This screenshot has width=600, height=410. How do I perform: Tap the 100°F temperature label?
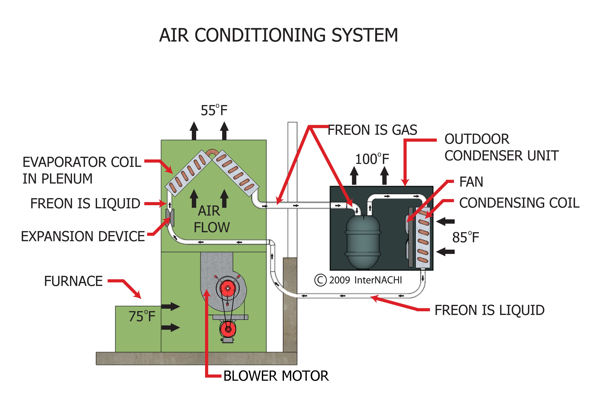pos(372,159)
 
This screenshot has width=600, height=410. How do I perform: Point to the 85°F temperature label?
pos(465,237)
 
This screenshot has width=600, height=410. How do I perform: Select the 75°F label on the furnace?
pos(142,316)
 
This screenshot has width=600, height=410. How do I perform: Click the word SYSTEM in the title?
pos(364,35)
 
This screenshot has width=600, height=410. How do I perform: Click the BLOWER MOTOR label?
pos(276,376)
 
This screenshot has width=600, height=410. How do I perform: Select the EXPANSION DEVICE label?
pos(83,237)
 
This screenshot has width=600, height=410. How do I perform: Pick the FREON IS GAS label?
pos(372,130)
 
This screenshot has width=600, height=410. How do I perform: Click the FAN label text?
pos(471,182)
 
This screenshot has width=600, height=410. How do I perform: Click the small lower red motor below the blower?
pos(228,329)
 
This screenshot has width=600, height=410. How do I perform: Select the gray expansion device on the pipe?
pos(170,218)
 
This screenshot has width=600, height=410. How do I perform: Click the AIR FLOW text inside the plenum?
pos(211,219)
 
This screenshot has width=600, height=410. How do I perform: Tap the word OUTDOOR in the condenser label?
pos(477,139)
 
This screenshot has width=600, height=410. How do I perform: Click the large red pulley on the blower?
pos(228,288)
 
